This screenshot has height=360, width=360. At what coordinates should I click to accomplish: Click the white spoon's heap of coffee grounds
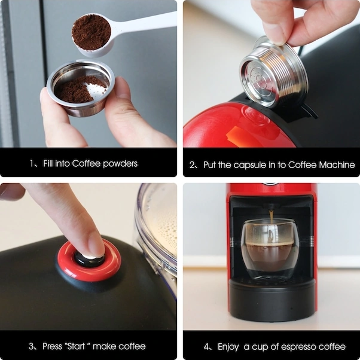tap(91, 32)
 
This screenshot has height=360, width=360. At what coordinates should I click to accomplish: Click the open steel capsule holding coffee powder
tap(81, 88)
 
